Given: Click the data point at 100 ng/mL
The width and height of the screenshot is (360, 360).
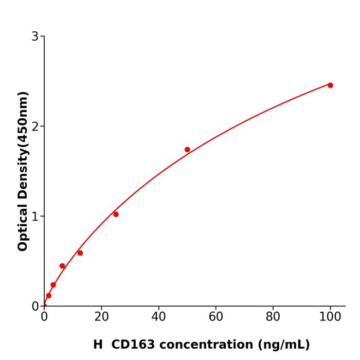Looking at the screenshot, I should [330, 85].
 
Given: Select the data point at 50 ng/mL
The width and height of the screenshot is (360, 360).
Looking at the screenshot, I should [187, 150].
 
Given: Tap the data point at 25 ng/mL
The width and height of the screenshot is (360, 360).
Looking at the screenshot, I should [116, 214].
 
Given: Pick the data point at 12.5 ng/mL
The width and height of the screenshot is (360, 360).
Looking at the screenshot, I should [80, 253].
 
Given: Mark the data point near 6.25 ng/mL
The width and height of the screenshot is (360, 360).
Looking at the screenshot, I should [62, 266].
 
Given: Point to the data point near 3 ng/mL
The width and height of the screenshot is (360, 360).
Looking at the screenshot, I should [53, 285].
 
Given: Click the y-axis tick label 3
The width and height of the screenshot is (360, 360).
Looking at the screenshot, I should [35, 36].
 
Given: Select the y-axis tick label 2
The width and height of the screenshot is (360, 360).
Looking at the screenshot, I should [35, 126].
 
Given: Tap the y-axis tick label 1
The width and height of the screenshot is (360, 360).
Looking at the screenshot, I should [35, 216].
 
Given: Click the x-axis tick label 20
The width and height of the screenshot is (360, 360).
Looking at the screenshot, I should [101, 317].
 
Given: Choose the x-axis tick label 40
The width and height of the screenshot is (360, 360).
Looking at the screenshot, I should [158, 317].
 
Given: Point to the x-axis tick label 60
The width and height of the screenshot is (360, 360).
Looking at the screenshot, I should [216, 317].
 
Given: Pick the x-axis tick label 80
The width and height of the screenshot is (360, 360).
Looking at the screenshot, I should [273, 317].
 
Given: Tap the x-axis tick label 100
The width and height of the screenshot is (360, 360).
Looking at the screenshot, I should [330, 317].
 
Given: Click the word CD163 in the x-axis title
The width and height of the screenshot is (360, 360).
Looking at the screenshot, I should [130, 345].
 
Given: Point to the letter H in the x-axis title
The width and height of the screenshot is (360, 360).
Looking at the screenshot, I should [98, 345].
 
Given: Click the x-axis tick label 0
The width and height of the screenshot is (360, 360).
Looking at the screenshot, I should [44, 317].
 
